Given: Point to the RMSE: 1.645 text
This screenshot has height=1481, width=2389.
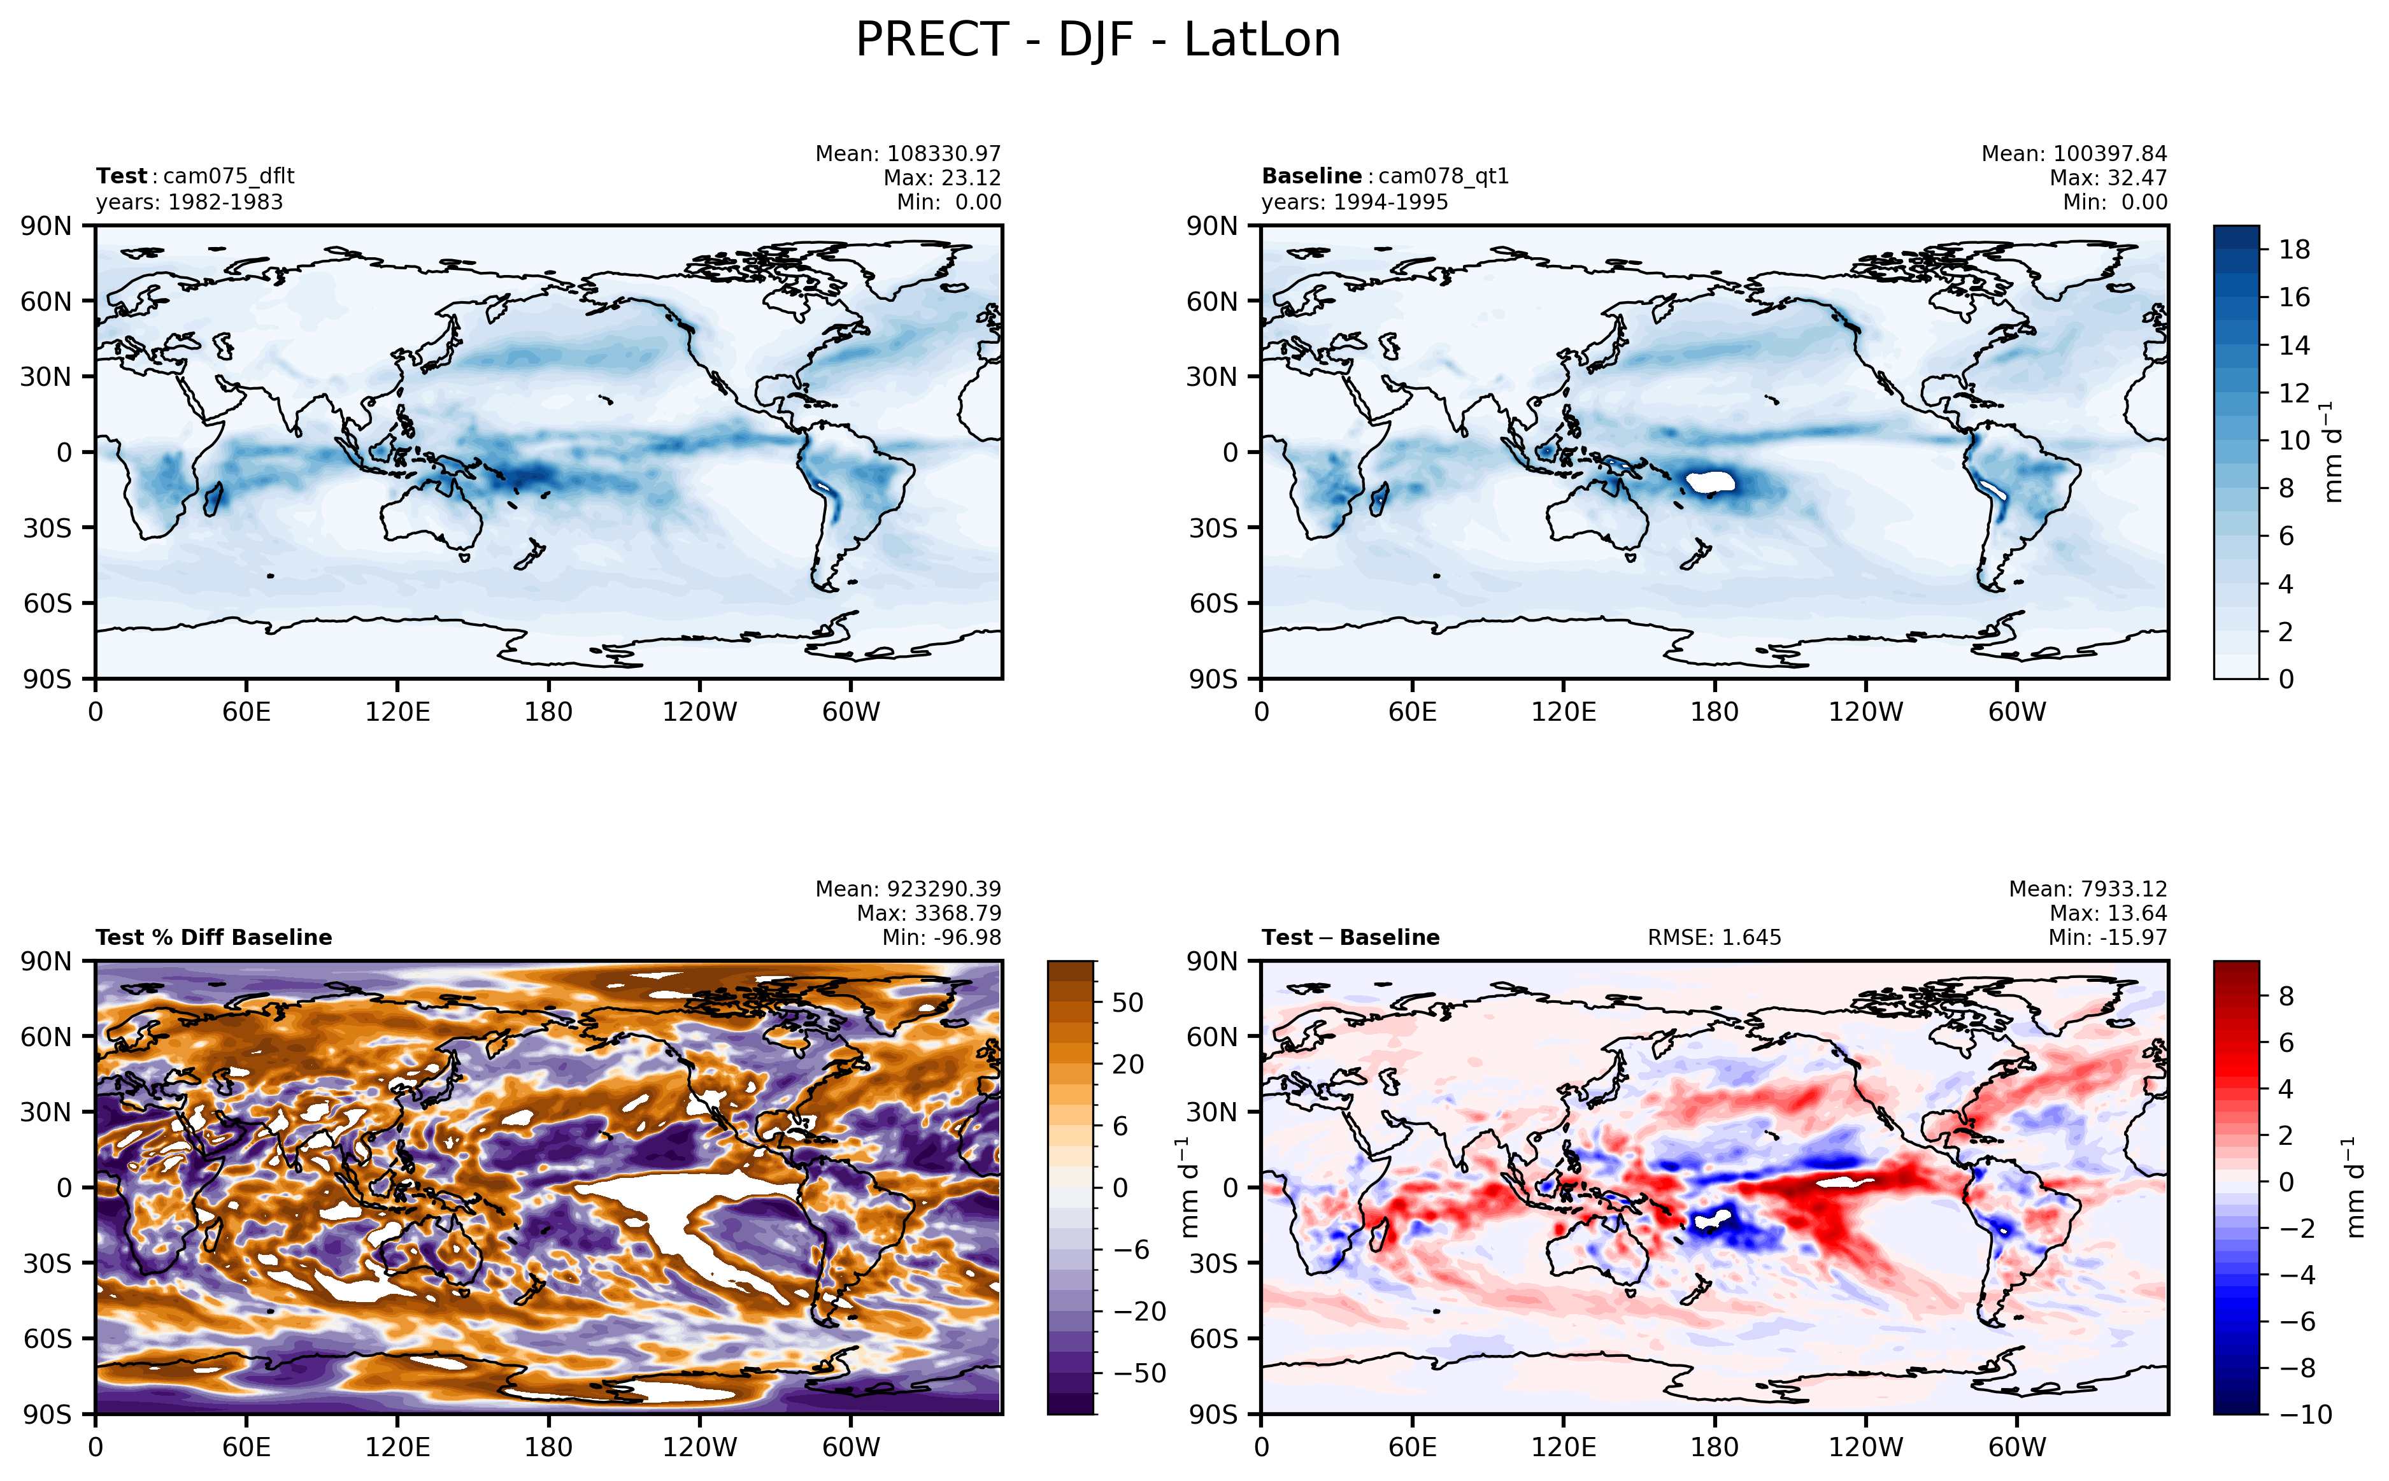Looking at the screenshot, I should [1713, 937].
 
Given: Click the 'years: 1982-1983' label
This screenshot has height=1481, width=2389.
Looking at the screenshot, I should [189, 202].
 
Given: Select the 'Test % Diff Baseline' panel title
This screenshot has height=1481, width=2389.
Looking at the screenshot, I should [213, 937].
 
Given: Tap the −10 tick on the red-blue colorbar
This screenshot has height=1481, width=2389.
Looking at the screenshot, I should [2304, 1414].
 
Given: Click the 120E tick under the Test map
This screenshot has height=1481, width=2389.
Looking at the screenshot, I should [397, 711].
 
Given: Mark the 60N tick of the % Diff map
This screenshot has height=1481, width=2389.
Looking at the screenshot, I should [46, 1037].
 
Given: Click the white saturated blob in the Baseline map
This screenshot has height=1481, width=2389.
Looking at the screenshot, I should [1710, 482].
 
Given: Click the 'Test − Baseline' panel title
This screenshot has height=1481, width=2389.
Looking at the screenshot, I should [1350, 937].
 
